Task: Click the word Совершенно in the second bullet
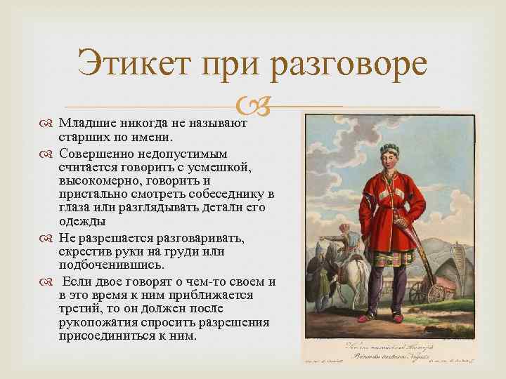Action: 93,152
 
